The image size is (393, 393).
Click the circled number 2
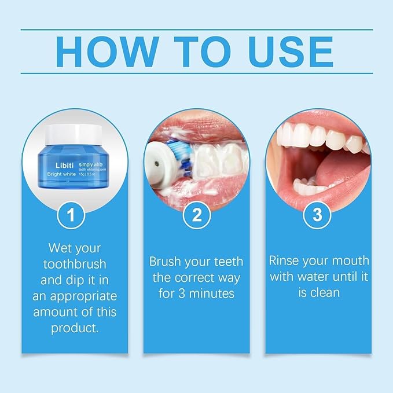(196, 215)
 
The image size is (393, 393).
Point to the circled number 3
(317, 215)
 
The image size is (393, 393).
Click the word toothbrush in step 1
(75, 265)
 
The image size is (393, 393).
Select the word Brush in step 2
(165, 261)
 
